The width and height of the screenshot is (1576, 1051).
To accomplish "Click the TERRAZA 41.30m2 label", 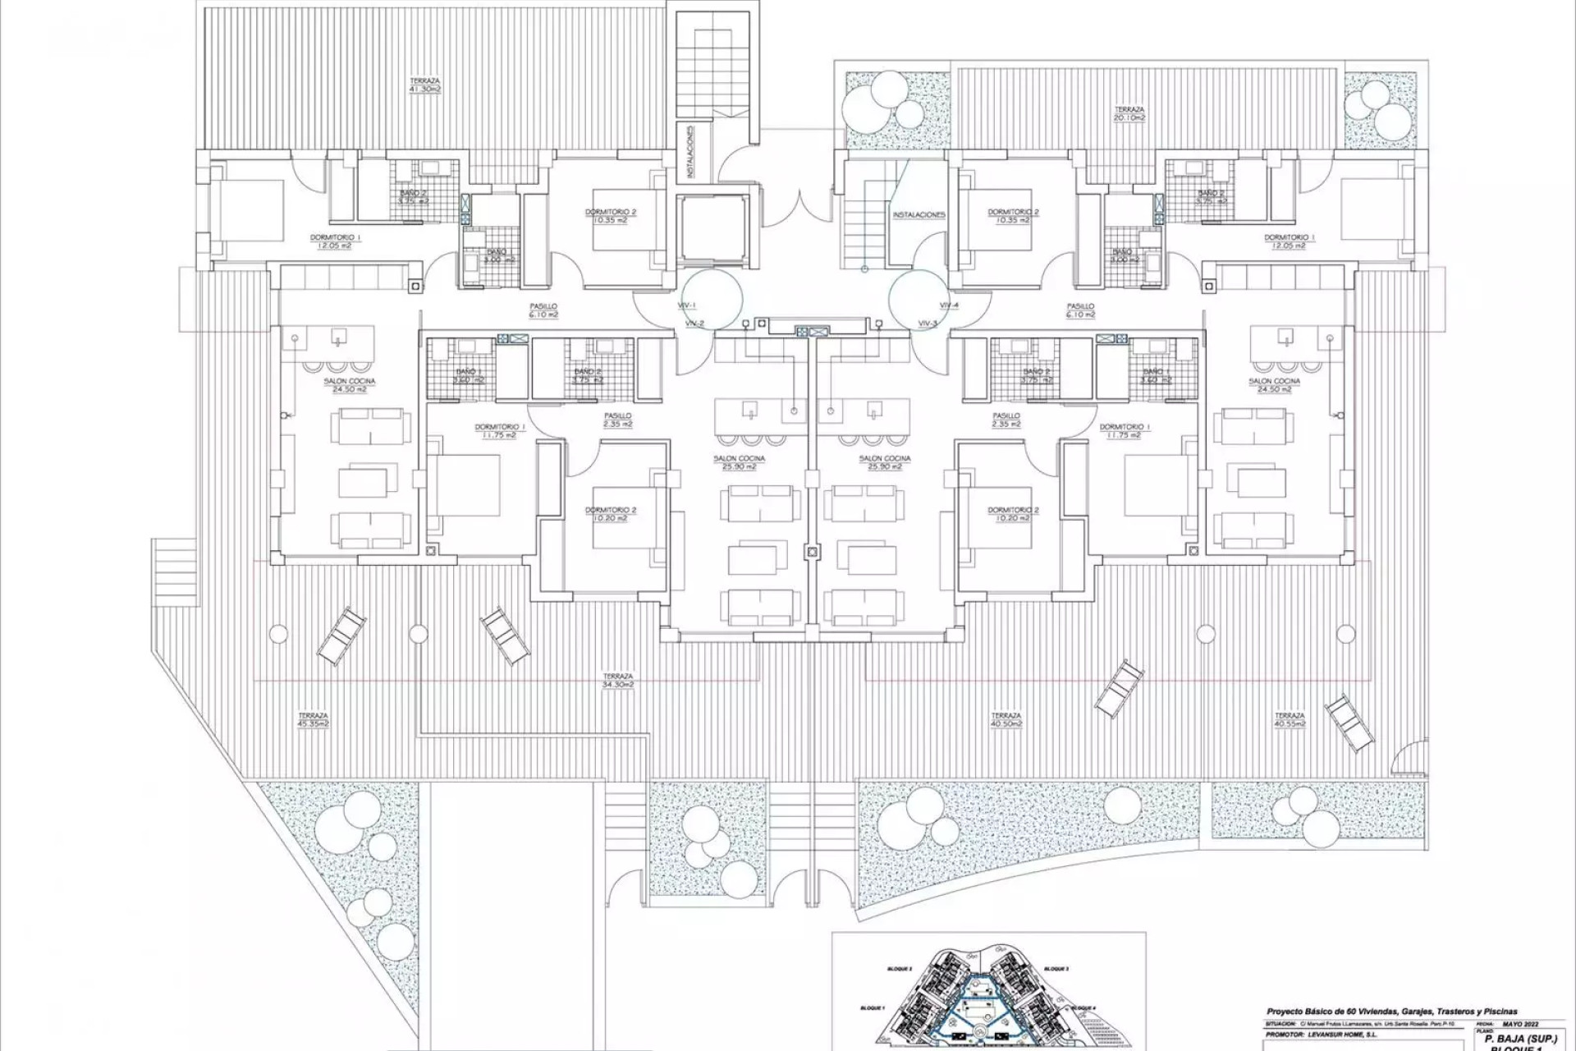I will pos(425,85).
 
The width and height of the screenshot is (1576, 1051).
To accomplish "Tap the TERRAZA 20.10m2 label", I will pos(1129,113).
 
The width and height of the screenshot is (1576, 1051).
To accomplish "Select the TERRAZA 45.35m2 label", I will pos(314,719).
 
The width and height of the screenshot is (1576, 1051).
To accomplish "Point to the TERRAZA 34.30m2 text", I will pos(616,680).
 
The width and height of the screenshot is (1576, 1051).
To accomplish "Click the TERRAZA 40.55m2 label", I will pos(1290,719).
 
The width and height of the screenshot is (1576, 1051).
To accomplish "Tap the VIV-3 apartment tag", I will pos(928,324).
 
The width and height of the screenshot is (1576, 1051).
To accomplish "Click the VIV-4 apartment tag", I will pos(949,305).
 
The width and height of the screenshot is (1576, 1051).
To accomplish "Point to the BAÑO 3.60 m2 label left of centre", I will pos(470,376).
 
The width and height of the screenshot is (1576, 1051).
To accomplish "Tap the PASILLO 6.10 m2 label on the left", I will pos(544,310).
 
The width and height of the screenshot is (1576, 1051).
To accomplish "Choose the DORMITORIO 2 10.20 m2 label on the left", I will pos(611,514).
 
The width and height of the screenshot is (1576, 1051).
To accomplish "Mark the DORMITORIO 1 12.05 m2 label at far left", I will pos(335,241).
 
